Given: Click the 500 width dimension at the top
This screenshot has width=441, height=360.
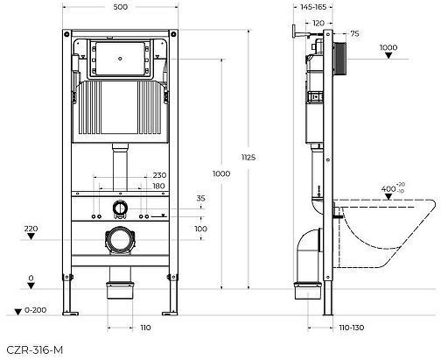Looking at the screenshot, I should pos(121,7).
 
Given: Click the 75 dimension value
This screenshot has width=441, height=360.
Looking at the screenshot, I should pos(354,33).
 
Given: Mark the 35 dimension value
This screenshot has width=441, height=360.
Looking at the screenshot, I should pos(200,200).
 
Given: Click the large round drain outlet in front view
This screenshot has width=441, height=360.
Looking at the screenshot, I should pos(120,237).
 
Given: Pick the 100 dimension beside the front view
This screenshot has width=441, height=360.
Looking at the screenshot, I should pos(200,229).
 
